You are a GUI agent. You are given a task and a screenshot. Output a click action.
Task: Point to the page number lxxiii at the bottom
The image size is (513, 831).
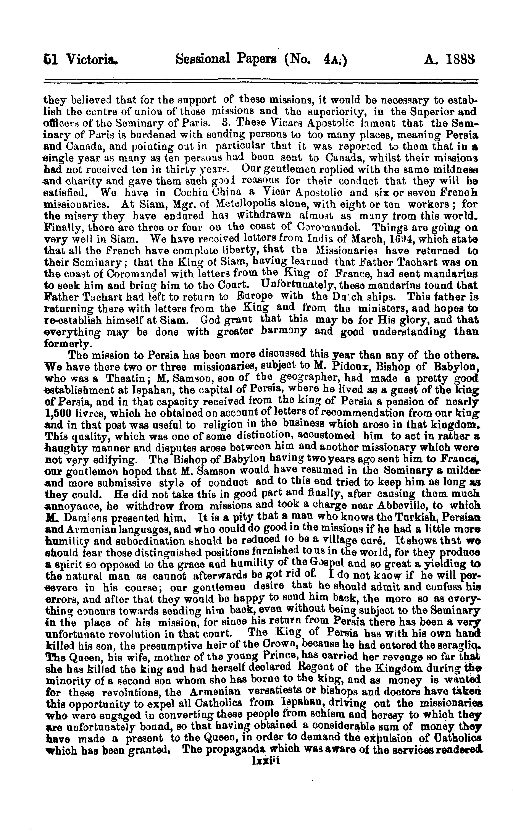click(266, 761)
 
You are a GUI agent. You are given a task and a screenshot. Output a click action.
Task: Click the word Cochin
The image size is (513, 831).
click(190, 193)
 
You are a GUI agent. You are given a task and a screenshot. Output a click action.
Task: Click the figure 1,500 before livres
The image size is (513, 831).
click(58, 414)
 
